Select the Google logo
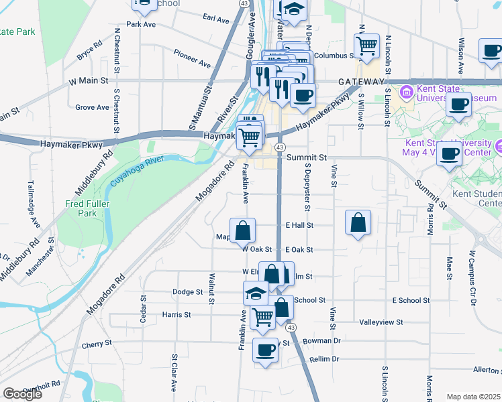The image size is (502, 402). pos(22,394)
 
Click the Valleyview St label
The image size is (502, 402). pos(381,322)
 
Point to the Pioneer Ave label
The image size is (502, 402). pos(191,59)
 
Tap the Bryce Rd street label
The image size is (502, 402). pos(89,50)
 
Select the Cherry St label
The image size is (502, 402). pos(97,344)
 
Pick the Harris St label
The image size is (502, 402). pos(177,314)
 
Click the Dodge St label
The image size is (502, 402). pos(187,292)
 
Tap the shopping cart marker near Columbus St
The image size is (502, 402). pos(366,46)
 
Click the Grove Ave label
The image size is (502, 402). pos(92,107)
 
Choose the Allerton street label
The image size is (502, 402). pos(487,369)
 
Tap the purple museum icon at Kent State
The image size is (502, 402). pos(406,92)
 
